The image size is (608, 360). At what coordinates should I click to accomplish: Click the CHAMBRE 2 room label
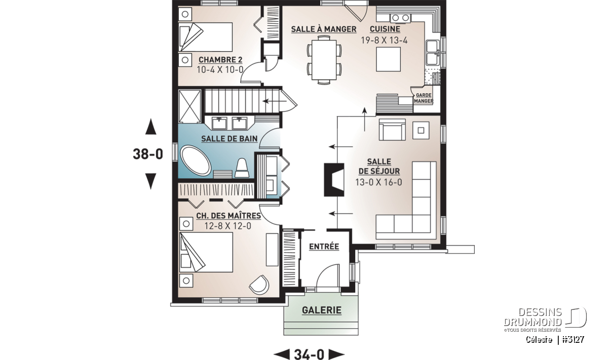pyautogui.click(x=220, y=60)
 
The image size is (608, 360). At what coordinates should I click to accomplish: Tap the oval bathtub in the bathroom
pyautogui.click(x=196, y=161)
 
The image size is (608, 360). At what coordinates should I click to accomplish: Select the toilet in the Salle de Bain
pyautogui.click(x=242, y=168)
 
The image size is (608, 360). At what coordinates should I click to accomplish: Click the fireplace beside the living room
pyautogui.click(x=334, y=180)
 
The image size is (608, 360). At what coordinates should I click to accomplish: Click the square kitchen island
pyautogui.click(x=388, y=59)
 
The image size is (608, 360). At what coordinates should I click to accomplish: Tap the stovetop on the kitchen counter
pyautogui.click(x=401, y=18)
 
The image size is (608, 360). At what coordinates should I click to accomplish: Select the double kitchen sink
pyautogui.click(x=432, y=52)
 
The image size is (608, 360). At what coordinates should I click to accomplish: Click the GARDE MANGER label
pyautogui.click(x=424, y=98)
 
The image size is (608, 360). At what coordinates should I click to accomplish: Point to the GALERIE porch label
pyautogui.click(x=322, y=310)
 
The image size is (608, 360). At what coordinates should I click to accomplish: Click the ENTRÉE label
pyautogui.click(x=324, y=247)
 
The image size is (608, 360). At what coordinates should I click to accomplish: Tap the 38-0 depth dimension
pyautogui.click(x=148, y=154)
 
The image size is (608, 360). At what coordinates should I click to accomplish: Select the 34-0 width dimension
pyautogui.click(x=309, y=354)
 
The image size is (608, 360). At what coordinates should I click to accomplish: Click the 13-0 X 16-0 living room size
pyautogui.click(x=378, y=182)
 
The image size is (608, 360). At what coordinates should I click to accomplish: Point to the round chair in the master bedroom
pyautogui.click(x=259, y=285)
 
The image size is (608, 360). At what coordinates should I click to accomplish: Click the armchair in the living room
pyautogui.click(x=392, y=130)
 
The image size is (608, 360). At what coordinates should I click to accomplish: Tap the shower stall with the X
pyautogui.click(x=189, y=107)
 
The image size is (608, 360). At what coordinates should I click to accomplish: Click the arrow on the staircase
pyautogui.click(x=274, y=101)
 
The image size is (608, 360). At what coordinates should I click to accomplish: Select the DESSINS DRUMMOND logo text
pyautogui.click(x=533, y=317)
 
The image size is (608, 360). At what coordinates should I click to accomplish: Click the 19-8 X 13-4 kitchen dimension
pyautogui.click(x=385, y=41)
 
